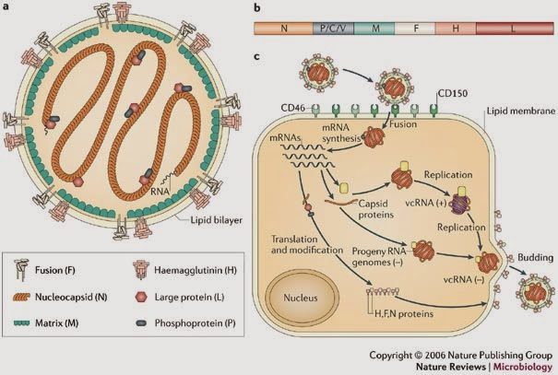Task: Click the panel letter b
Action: [257, 8]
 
